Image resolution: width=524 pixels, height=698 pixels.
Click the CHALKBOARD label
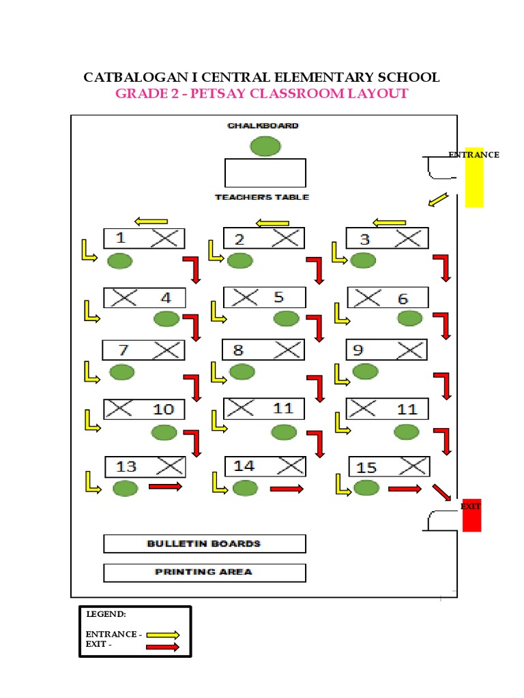click(263, 126)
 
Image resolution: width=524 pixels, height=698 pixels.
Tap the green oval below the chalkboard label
click(265, 146)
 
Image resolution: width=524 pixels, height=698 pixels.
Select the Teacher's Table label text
click(262, 197)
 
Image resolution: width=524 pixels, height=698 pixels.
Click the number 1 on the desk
click(121, 238)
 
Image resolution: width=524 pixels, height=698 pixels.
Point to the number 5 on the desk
click(278, 297)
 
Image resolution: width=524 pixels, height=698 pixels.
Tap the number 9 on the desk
click(358, 350)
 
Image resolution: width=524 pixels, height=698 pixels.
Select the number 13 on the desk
click(126, 466)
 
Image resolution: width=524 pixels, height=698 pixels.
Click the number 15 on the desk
click(366, 468)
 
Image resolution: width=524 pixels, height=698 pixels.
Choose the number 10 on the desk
click(163, 409)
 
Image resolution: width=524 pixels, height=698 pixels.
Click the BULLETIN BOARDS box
click(204, 543)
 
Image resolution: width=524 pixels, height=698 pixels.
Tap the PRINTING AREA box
click(204, 572)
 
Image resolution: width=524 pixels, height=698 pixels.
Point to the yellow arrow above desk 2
click(272, 222)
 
